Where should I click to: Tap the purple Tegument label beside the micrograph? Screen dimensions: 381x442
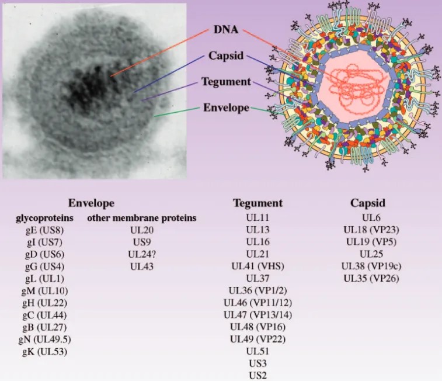click(227, 81)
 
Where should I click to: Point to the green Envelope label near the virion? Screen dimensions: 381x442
click(227, 108)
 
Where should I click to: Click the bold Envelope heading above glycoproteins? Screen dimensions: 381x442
click(91, 203)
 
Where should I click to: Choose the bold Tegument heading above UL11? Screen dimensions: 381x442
click(257, 203)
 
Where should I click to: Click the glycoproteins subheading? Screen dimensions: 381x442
click(44, 218)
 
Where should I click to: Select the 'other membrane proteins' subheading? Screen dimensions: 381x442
click(141, 218)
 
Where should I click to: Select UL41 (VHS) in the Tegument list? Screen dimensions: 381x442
click(257, 266)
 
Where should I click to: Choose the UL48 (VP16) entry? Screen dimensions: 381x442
click(257, 327)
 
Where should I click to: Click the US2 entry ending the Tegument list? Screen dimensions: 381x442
click(257, 375)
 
